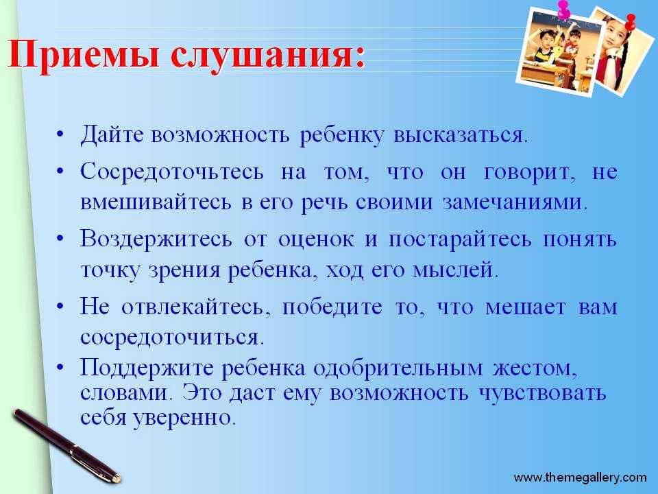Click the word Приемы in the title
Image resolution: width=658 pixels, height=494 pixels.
pyautogui.click(x=84, y=55)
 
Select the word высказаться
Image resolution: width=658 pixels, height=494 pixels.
pyautogui.click(x=461, y=135)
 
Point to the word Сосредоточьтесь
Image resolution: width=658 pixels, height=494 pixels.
pyautogui.click(x=172, y=172)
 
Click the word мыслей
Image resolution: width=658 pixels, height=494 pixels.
pyautogui.click(x=455, y=270)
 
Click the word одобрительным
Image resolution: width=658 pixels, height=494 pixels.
pyautogui.click(x=398, y=368)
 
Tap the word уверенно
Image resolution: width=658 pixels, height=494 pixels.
pyautogui.click(x=184, y=418)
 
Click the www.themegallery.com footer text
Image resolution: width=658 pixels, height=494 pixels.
pyautogui.click(x=580, y=478)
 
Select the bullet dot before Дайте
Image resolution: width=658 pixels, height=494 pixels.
pyautogui.click(x=61, y=135)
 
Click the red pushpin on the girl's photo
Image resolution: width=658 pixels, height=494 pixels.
pyautogui.click(x=630, y=22)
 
